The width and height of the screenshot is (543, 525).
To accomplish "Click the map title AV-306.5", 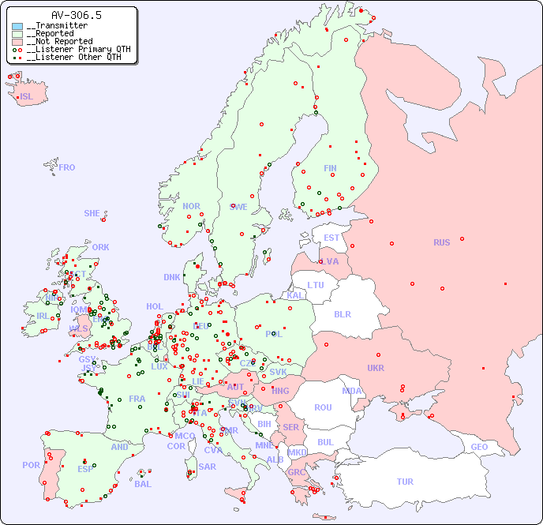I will [x=76, y=15].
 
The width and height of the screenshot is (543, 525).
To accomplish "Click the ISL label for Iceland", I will [x=27, y=97].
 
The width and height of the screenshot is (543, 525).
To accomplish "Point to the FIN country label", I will [x=330, y=168].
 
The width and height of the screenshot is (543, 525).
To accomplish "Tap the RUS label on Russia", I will [x=441, y=242].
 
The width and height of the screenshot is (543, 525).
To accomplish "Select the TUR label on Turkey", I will [x=405, y=482].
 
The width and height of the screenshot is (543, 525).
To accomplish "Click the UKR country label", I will [x=376, y=368].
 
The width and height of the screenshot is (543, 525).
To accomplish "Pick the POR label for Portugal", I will [x=31, y=465].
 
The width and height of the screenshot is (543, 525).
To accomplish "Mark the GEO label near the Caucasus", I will [x=479, y=447].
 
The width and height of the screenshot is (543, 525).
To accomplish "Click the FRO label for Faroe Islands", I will [x=67, y=167].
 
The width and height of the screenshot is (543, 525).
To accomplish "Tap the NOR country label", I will [x=191, y=206].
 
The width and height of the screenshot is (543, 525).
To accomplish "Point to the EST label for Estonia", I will [x=331, y=238].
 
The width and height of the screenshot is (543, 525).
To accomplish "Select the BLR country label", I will [x=342, y=313].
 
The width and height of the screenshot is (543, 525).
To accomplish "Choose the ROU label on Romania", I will [x=323, y=407].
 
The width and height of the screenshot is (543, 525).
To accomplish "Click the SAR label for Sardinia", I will [x=208, y=467].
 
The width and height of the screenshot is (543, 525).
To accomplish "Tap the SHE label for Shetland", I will [x=92, y=213].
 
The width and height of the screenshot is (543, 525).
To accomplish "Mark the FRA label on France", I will [x=137, y=399].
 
